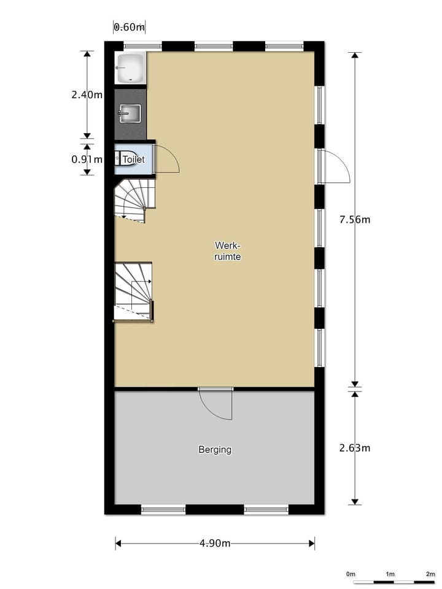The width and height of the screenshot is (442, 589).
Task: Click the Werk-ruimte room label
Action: point(227,252)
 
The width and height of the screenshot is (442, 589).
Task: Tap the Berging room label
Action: point(215,450)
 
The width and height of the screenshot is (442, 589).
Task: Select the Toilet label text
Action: point(133,160)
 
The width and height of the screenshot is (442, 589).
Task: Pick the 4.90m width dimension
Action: point(215,543)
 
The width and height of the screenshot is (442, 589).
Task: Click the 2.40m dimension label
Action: point(87,94)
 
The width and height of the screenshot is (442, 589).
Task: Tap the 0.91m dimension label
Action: point(87,158)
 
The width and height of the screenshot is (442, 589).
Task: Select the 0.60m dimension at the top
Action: point(129,26)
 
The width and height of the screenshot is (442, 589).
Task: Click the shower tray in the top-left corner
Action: point(130,67)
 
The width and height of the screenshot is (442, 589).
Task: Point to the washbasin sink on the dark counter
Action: point(130,114)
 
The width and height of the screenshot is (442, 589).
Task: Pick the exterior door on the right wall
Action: point(335,166)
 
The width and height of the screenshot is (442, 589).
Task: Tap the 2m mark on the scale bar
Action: point(430,574)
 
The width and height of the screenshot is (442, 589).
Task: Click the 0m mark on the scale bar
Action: point(351,574)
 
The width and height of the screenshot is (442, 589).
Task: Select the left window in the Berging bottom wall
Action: point(163,509)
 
